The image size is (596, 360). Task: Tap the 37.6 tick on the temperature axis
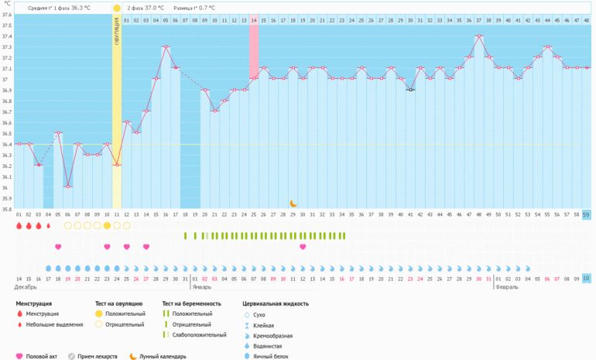[x=7, y=15]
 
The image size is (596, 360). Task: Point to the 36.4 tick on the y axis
[x=7, y=144]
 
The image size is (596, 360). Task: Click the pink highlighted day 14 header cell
[x=254, y=19]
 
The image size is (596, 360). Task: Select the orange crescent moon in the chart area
[x=293, y=204]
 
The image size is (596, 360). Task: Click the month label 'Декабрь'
[x=26, y=286]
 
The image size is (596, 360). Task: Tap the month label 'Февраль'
[x=507, y=286]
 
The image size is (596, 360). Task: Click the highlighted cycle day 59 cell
[x=586, y=214]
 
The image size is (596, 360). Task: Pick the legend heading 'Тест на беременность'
[x=191, y=304]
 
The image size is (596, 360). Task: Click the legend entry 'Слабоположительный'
[x=199, y=334]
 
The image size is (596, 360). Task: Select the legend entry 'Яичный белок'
[x=269, y=345]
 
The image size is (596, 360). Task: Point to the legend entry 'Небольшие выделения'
[x=55, y=324]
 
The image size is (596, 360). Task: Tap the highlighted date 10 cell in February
[x=586, y=278]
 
